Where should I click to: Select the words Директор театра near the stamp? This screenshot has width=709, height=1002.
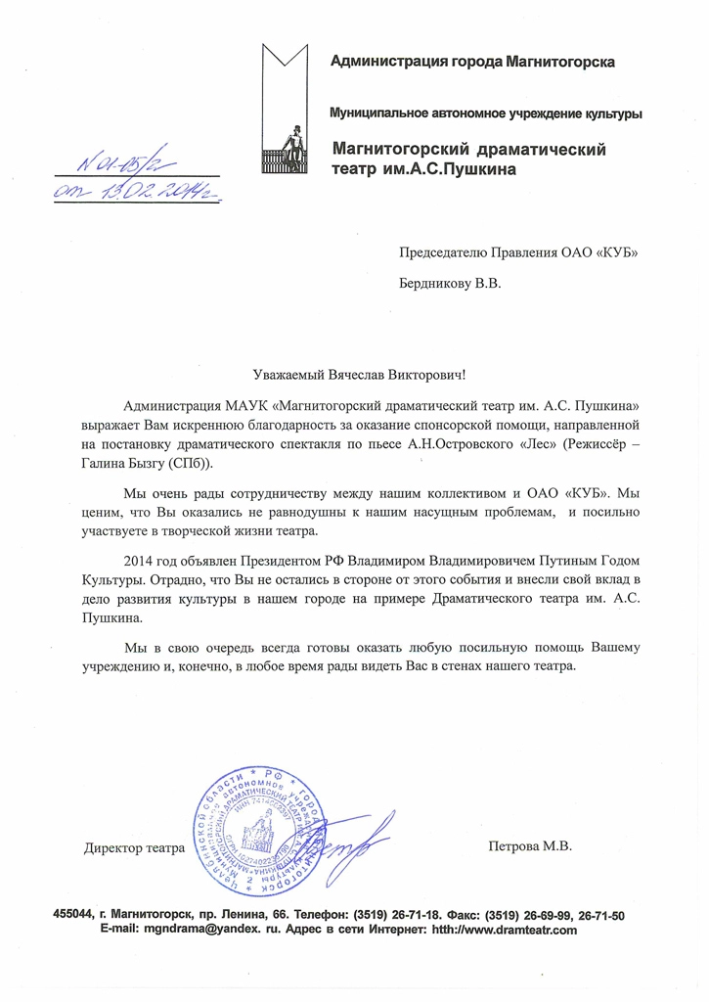[134, 847]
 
